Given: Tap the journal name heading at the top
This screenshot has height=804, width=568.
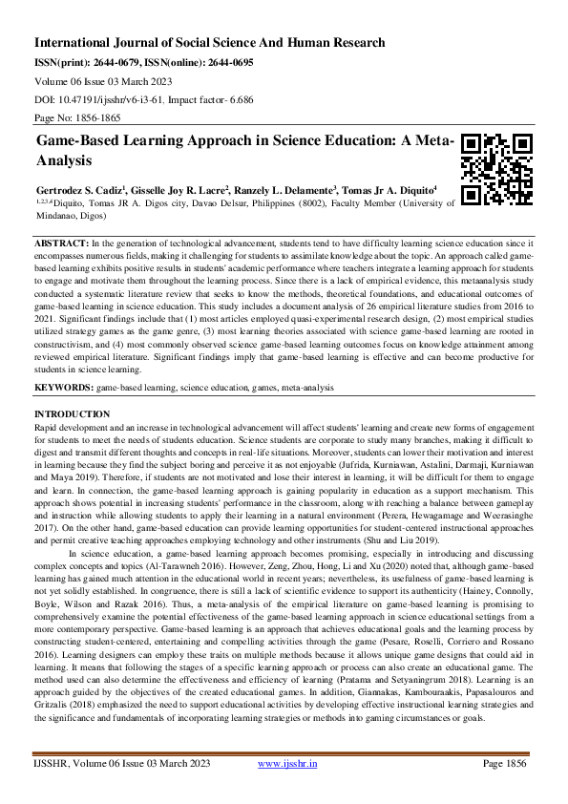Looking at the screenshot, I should [210, 43].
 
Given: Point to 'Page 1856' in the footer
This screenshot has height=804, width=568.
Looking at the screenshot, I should [505, 792].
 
